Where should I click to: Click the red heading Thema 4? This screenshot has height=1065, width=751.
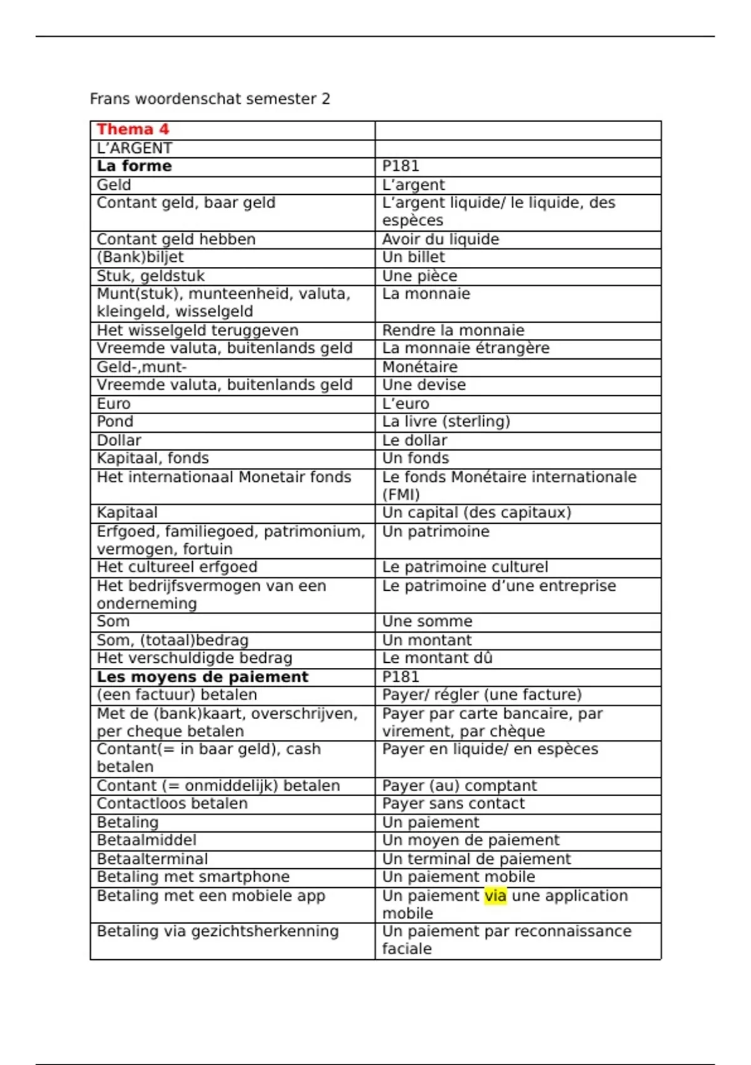tap(133, 130)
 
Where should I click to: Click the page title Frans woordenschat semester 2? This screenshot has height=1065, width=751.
tap(210, 99)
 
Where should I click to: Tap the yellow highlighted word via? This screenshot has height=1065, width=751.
tap(495, 896)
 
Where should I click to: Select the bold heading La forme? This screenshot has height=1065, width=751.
tap(134, 166)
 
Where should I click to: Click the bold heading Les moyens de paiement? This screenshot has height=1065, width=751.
tap(202, 677)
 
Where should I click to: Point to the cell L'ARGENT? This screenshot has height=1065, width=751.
tap(134, 148)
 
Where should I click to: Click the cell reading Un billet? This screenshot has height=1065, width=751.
tap(414, 257)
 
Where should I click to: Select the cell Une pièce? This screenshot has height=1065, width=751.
tap(419, 276)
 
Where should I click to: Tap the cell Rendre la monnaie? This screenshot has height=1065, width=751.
tap(453, 330)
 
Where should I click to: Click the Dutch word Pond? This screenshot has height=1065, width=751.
tap(115, 422)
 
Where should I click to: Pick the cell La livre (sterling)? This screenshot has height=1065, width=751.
tap(446, 422)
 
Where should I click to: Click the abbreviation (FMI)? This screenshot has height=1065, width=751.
tap(401, 495)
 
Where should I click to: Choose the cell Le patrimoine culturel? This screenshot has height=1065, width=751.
tap(465, 567)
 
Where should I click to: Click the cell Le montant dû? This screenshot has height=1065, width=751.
tap(437, 658)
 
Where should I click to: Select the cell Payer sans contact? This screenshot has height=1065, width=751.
tap(453, 804)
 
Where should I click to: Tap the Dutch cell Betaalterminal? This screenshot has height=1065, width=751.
tap(152, 859)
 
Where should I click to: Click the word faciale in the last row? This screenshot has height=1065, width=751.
tap(407, 949)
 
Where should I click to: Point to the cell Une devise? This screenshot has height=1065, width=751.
tap(424, 385)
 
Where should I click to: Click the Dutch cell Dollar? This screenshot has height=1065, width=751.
tap(119, 440)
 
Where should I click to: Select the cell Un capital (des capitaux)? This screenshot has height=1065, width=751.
tap(476, 512)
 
